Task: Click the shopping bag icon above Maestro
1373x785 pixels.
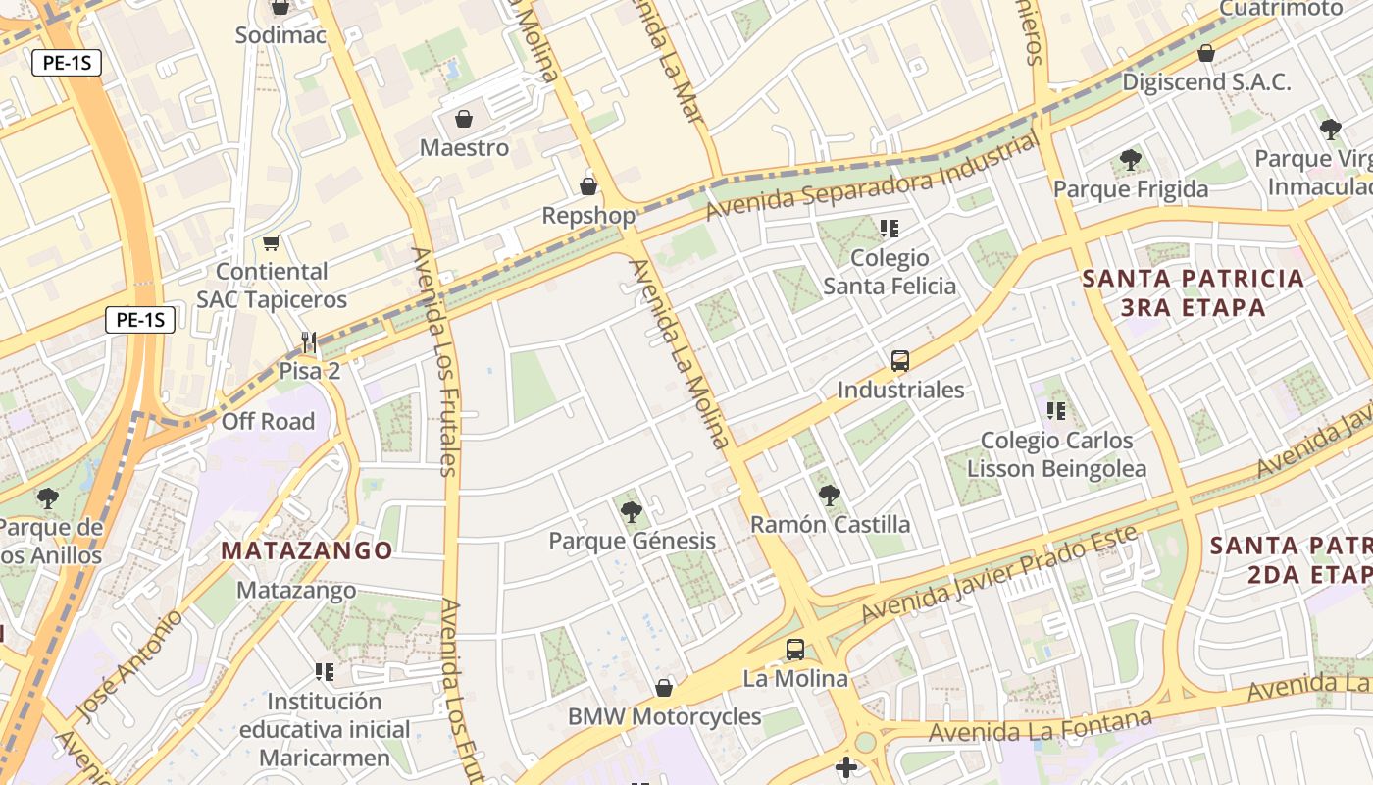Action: [x=463, y=120]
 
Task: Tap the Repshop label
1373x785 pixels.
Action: [x=588, y=215]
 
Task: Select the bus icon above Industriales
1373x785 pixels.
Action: [x=900, y=361]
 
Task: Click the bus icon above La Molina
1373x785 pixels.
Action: [x=795, y=650]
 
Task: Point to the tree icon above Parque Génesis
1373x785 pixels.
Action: [x=632, y=511]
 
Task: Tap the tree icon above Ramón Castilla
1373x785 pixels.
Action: [x=830, y=495]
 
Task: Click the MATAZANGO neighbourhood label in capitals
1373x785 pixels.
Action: [x=307, y=550]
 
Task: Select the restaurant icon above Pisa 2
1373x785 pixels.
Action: [x=309, y=341]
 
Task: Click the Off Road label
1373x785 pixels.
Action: [x=268, y=422]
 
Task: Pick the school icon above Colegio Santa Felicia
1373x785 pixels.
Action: [x=890, y=229]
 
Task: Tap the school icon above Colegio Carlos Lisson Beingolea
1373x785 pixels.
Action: [x=1056, y=411]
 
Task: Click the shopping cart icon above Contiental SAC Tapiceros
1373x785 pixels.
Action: [x=272, y=242]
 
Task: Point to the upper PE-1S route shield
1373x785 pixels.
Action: [x=67, y=64]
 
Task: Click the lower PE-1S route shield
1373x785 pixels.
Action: [x=140, y=319]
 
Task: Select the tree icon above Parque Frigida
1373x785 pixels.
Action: [x=1130, y=159]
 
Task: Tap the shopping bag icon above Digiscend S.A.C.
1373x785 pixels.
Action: [x=1206, y=53]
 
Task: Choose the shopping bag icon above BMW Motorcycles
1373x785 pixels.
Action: [x=664, y=688]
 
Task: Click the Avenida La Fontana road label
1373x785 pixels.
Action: [x=1040, y=727]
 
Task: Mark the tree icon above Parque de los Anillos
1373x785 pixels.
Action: [x=47, y=498]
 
